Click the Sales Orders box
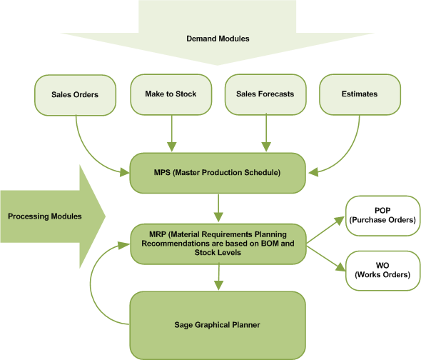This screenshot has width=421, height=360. (75, 95)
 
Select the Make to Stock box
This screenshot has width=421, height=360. (171, 94)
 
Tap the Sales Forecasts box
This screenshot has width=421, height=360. (265, 94)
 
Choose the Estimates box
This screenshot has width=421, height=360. (360, 94)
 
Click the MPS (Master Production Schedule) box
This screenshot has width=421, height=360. (218, 173)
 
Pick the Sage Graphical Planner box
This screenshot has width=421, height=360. (218, 325)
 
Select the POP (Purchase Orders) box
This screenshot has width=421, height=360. (382, 216)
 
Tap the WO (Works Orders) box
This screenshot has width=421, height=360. (382, 271)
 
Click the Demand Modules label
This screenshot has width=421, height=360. (218, 39)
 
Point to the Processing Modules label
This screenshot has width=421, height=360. (45, 216)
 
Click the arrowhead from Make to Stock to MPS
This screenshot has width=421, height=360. (171, 147)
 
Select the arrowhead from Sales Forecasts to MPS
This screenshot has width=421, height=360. (266, 147)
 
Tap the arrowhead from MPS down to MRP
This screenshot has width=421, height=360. (218, 217)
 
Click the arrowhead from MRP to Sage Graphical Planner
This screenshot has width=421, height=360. (218, 286)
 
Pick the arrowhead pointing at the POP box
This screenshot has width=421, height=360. (339, 221)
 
